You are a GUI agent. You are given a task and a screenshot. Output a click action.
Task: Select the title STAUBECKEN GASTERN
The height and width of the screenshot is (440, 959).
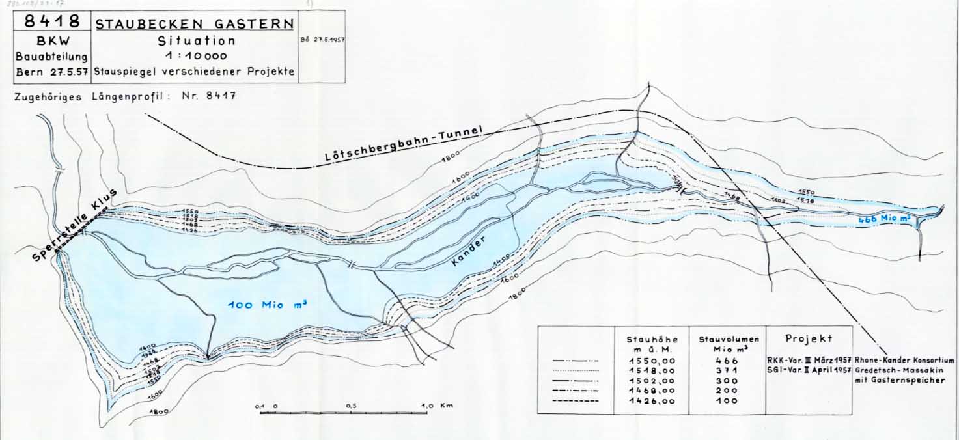[x=194, y=24]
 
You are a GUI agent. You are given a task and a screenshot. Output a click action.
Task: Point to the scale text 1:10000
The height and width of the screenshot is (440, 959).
[x=193, y=56]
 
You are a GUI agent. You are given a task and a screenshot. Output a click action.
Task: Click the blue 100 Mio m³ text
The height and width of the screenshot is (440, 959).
[x=267, y=305]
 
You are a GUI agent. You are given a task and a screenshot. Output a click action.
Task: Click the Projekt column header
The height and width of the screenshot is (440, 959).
[x=809, y=339]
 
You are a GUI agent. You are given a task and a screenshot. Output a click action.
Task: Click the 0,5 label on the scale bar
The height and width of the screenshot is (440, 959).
[x=352, y=406]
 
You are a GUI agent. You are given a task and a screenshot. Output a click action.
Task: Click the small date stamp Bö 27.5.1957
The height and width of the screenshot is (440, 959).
[x=322, y=39]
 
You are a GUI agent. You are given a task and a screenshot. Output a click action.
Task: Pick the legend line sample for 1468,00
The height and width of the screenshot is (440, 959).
[x=575, y=391]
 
